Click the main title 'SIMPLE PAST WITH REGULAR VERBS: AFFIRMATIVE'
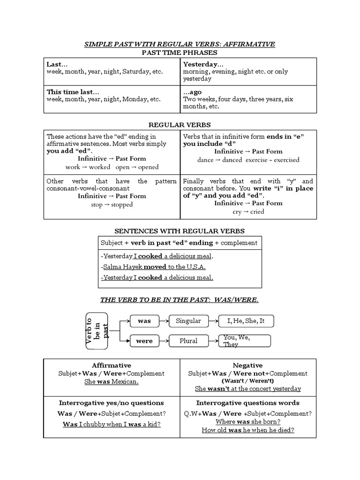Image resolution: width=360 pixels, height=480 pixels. point(180,44)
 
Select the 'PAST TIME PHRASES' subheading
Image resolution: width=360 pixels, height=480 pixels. point(180,52)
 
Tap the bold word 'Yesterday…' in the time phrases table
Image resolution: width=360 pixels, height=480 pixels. point(203,64)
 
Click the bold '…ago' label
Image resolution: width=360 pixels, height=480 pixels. point(192,92)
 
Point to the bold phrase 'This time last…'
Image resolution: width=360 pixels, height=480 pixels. point(73,92)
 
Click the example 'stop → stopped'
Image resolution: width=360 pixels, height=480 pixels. point(112,204)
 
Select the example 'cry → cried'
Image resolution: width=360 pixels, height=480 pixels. point(248,211)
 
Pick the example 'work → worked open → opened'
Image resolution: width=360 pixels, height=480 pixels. point(112,167)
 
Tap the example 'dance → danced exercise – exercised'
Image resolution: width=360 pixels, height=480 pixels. point(248,159)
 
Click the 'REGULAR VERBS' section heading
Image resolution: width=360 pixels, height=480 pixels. point(180,125)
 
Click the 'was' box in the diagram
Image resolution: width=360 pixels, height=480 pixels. point(144,321)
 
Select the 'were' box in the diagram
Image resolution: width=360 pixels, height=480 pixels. point(144,341)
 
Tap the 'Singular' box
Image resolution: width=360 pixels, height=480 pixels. point(188,321)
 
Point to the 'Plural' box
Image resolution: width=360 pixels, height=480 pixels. point(188,341)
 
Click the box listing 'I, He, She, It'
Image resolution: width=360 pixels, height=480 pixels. point(246,321)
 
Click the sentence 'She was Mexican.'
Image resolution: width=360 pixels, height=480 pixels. point(112,382)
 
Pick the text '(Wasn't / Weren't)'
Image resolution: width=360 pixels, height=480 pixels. point(248,381)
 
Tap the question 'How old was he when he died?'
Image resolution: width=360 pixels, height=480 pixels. point(248,430)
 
